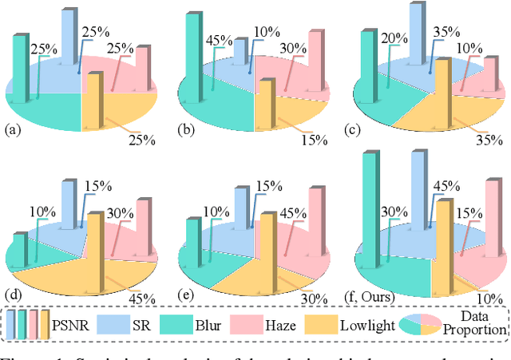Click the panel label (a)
click(x=14, y=129)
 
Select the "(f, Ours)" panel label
click(x=378, y=293)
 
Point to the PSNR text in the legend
click(x=73, y=327)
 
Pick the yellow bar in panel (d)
click(x=94, y=251)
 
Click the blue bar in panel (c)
click(x=416, y=36)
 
